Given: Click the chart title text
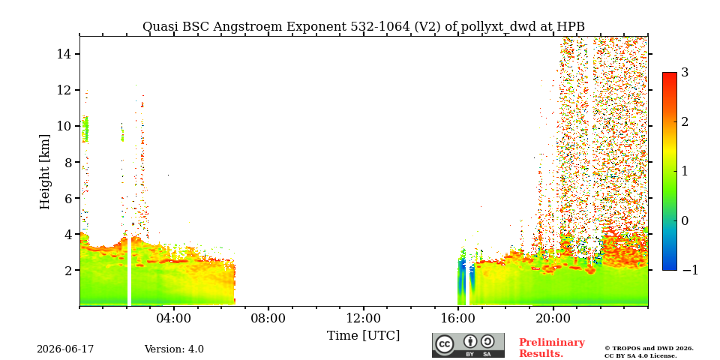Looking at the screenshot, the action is [x=364, y=27].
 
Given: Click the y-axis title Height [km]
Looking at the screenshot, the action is [x=44, y=172].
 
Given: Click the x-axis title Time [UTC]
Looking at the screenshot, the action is [x=363, y=336].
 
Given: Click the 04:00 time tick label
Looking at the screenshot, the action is [x=174, y=318].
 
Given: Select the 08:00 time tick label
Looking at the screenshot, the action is [x=268, y=318].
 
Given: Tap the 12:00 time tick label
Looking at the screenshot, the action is [x=363, y=318].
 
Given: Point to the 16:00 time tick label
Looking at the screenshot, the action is [x=457, y=318].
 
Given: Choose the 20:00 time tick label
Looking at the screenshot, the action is [x=553, y=318].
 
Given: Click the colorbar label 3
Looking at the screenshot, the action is [x=685, y=73].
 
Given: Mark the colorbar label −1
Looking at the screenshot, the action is [x=690, y=270].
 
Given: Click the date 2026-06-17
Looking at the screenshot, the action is [x=65, y=349].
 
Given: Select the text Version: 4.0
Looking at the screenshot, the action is [x=174, y=349].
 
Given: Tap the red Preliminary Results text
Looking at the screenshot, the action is [x=552, y=348].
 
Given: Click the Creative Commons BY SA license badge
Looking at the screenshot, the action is [x=468, y=345].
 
